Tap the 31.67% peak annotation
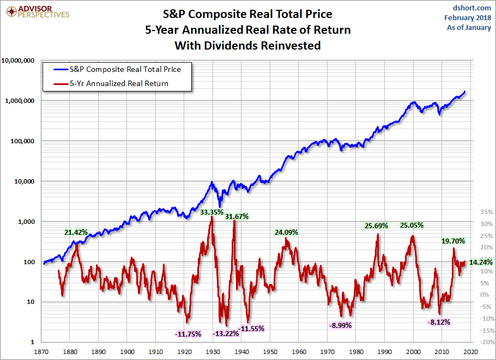[x=237, y=216]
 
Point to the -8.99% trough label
[x=340, y=325]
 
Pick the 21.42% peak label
[x=76, y=233]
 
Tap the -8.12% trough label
[x=439, y=322]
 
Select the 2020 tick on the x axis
[x=471, y=352]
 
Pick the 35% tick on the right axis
[x=486, y=212]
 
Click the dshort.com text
[x=472, y=8]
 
